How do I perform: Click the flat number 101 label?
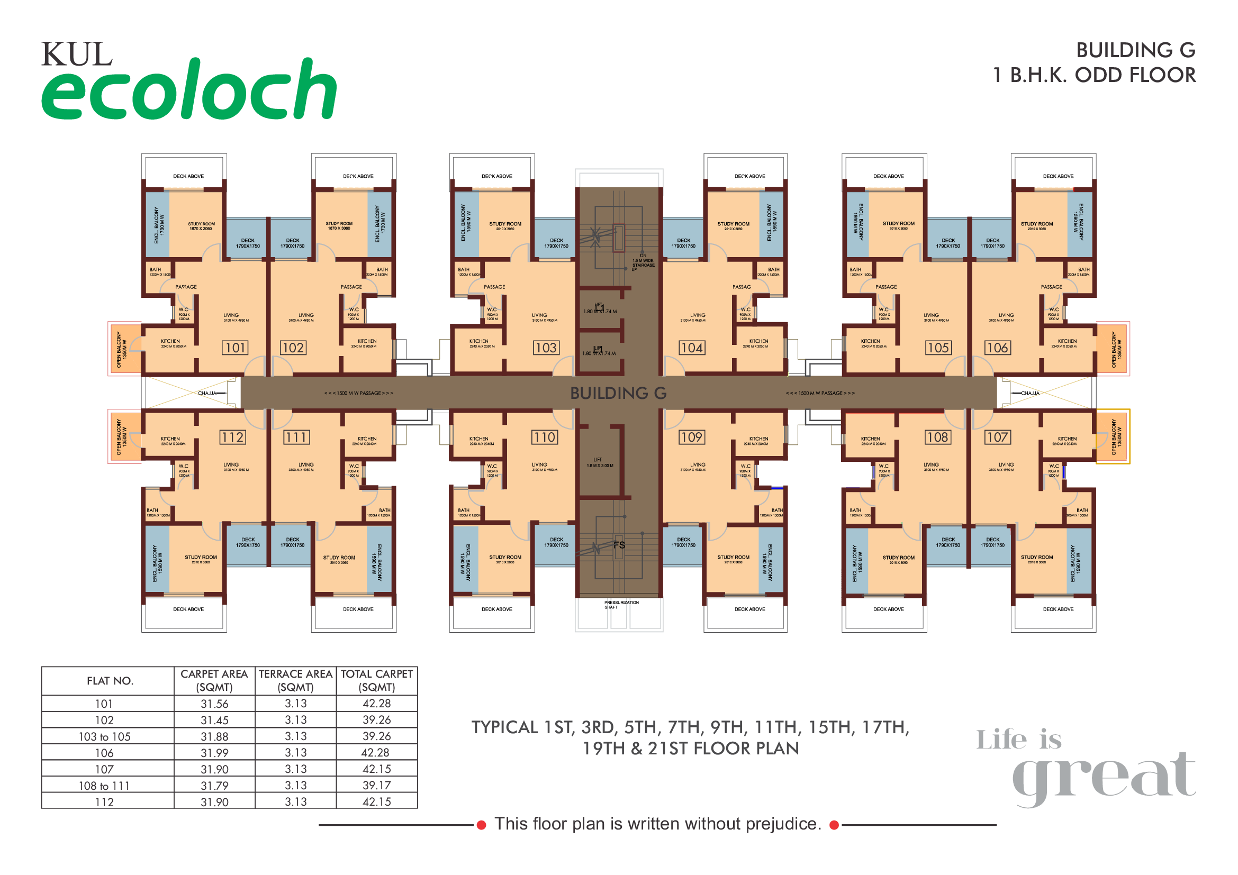[x=235, y=348]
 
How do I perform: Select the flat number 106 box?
[x=997, y=348]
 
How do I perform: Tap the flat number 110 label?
[x=545, y=437]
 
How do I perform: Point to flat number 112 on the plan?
[x=232, y=437]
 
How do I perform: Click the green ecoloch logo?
[x=189, y=90]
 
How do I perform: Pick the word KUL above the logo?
[x=77, y=54]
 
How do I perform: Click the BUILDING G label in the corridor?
[x=618, y=393]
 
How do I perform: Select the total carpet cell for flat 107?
[x=376, y=769]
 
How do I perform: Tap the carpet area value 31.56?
[x=214, y=704]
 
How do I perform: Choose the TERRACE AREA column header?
[x=295, y=680]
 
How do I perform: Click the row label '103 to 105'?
[x=105, y=736]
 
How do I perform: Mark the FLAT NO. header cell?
[x=110, y=681]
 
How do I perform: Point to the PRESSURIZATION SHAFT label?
[x=621, y=605]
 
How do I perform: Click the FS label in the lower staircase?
[x=619, y=545]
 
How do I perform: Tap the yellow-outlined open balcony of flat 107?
[x=1113, y=436]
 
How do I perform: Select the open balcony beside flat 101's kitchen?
[x=124, y=349]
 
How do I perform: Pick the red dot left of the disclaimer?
[x=482, y=825]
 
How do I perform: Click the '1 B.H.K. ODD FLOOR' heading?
[x=1094, y=75]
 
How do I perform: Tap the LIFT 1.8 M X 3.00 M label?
[x=600, y=463]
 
